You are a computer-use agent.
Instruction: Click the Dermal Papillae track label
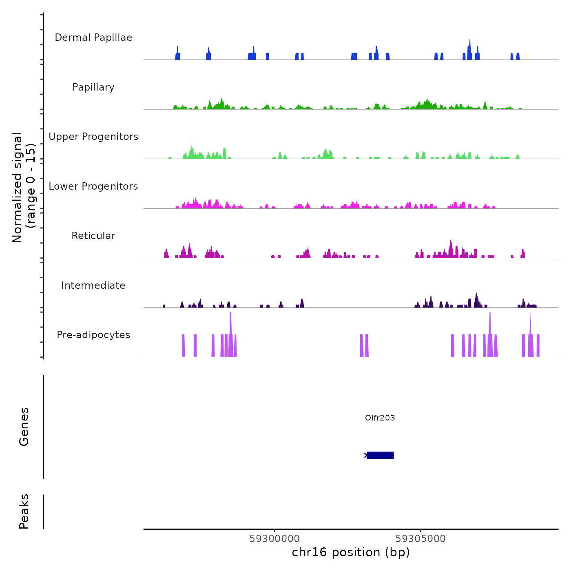93,38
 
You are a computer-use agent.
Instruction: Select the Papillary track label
93,87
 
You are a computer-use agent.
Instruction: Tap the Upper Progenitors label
93,137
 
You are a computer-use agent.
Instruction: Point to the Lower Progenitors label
93,186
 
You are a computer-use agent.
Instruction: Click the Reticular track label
93,236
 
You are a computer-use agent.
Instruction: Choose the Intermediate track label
93,285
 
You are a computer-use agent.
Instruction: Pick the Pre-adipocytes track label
93,335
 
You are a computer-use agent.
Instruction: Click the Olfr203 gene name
380,418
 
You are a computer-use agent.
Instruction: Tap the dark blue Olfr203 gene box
380,455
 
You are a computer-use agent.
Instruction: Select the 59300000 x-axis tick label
274,539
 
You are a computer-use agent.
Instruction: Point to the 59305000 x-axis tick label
421,539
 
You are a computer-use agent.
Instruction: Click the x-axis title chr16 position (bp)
351,552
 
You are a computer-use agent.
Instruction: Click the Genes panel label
24,427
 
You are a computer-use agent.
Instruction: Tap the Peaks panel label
24,511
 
